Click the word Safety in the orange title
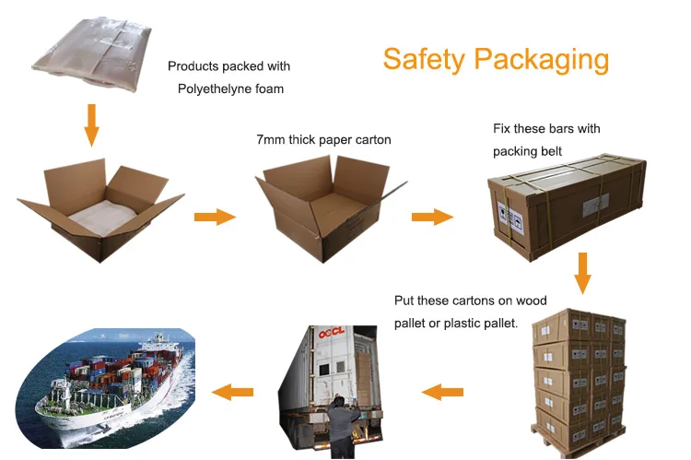point(424,60)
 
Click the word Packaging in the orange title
point(542,60)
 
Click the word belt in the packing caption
point(551,151)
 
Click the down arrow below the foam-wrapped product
point(91,125)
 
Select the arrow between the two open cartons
point(215,217)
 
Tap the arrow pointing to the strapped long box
point(432,217)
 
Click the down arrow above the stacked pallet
point(582,273)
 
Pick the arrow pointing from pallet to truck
point(442,392)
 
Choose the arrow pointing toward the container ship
point(233,392)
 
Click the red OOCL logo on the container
point(332,333)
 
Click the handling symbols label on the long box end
point(510,217)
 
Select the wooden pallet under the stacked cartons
point(579,440)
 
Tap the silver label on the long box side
point(595,205)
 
